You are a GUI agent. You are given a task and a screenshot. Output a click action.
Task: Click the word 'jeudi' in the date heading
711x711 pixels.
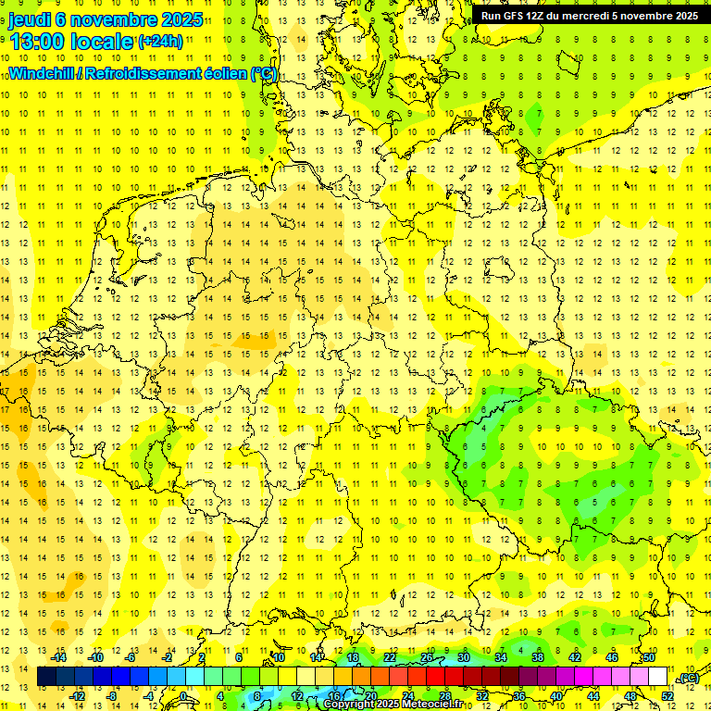coord(30,20)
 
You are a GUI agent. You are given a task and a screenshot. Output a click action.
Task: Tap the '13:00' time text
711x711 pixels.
coord(36,41)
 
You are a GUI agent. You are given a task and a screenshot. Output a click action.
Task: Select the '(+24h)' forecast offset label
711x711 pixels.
coord(160,41)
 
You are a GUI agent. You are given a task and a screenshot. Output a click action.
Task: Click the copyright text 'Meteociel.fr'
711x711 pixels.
coord(432,705)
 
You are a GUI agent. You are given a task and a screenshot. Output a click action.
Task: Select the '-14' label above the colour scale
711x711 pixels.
coord(60,657)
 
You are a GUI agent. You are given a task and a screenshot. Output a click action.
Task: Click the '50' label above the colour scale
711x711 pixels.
coord(649,657)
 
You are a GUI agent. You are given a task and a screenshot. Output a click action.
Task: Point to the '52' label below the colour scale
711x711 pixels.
coord(667,696)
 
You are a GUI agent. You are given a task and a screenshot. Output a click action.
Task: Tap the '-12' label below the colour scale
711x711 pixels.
coord(79,696)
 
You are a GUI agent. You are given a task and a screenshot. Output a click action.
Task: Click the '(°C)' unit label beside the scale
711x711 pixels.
coord(688,678)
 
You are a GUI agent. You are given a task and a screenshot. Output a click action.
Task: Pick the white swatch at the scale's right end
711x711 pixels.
coord(658,677)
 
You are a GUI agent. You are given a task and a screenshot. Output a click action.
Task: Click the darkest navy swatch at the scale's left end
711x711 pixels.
coord(46,677)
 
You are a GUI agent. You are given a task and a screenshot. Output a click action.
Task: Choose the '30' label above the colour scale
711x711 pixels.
coord(464,657)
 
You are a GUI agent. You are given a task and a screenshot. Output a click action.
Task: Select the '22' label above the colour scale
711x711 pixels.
coord(390,657)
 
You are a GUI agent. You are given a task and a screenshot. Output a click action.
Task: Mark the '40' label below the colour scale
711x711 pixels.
coord(556,696)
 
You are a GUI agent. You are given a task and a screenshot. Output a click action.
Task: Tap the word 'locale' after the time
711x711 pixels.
coord(100,41)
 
